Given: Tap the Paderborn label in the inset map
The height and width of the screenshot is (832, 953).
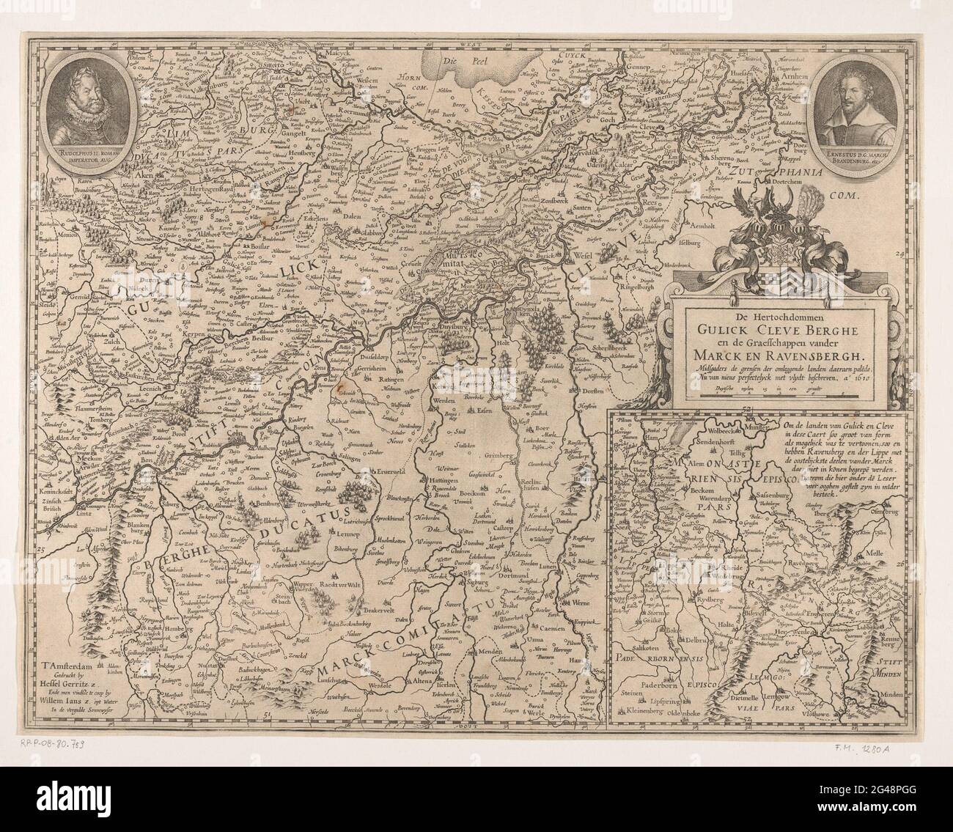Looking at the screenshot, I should [656, 693].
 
